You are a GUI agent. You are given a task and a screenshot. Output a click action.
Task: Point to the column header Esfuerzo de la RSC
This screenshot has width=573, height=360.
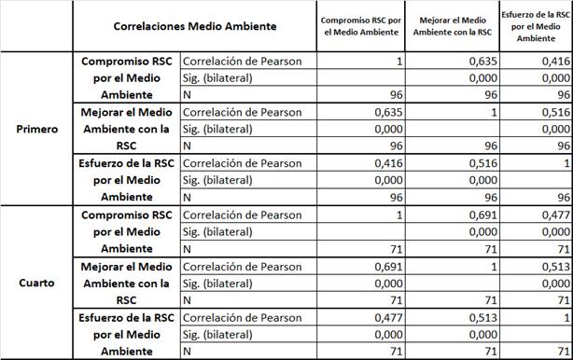[536, 26]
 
